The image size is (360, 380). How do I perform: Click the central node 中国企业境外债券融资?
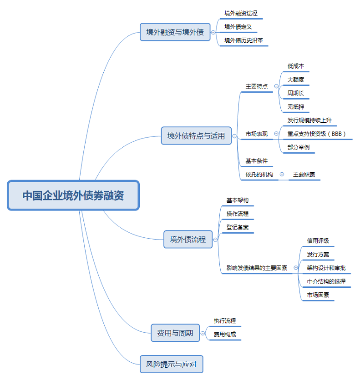[x=73, y=195]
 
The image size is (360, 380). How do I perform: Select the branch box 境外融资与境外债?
[x=175, y=32]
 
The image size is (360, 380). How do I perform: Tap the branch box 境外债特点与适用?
[x=196, y=135]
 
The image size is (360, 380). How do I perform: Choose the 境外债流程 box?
[x=188, y=239]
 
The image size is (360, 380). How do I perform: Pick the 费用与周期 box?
[x=175, y=333]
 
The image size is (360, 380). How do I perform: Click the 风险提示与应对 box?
[x=171, y=364]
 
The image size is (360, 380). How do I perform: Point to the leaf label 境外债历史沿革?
[x=243, y=40]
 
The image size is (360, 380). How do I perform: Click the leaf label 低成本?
[x=295, y=66]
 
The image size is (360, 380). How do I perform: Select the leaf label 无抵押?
[x=295, y=107]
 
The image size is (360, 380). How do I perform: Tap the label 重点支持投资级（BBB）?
[x=317, y=134]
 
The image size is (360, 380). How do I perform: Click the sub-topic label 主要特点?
[x=257, y=86]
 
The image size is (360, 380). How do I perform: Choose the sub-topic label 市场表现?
[x=257, y=134]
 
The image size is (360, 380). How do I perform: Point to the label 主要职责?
[x=304, y=175]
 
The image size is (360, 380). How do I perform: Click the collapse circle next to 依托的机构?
[x=282, y=174]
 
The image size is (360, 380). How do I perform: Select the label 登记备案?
[x=238, y=227]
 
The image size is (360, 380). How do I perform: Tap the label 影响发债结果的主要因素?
[x=257, y=268]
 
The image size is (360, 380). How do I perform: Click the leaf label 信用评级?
[x=318, y=241]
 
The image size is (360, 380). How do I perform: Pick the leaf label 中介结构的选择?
[x=326, y=282]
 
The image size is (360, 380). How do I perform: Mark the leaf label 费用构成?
[x=225, y=334]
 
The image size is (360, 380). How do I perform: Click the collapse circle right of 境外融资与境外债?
[x=213, y=33]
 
